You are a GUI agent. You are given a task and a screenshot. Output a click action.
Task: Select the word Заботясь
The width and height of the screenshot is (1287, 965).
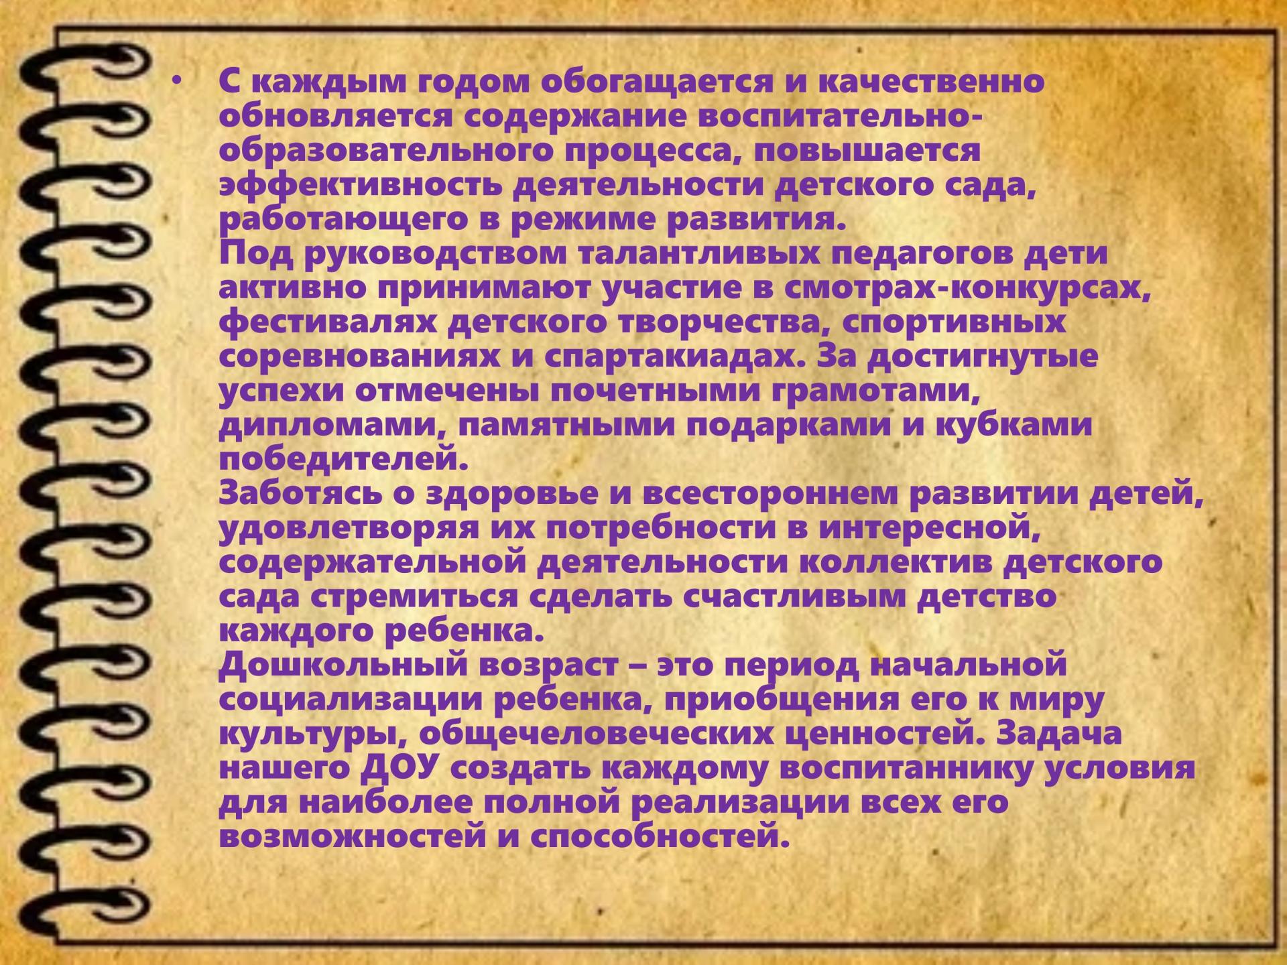[316, 495]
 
